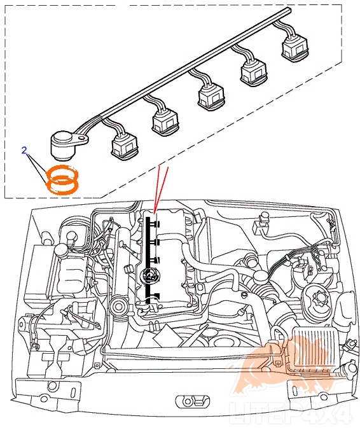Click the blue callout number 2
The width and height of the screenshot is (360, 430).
tap(24, 150)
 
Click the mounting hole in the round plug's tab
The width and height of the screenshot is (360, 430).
tap(81, 138)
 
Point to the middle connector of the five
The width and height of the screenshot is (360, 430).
tap(211, 97)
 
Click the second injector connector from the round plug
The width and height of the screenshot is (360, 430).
tap(165, 122)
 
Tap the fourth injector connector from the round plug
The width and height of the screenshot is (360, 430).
tap(253, 73)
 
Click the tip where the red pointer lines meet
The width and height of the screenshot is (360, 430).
tap(155, 213)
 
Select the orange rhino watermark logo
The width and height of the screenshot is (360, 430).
tap(288, 368)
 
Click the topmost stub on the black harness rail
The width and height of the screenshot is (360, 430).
tap(156, 225)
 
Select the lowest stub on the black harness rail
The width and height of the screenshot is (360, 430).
tap(156, 295)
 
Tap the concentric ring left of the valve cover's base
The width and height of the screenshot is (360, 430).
tap(120, 307)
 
